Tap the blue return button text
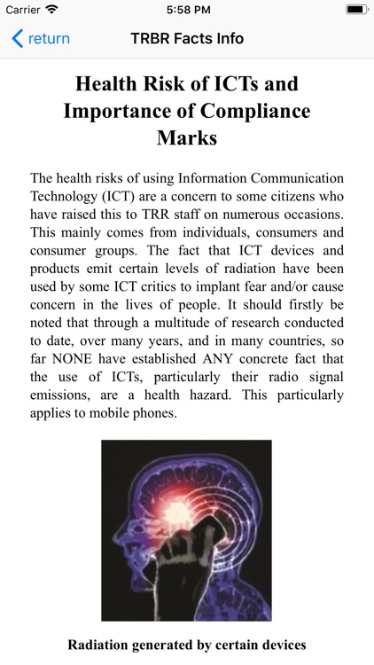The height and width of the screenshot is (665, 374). coord(49,39)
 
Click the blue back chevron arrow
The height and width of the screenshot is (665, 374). coord(17,39)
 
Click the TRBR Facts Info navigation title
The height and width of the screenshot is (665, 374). coord(187,39)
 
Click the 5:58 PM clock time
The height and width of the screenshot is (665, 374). coord(186,9)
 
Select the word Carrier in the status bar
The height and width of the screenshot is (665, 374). coord(23,9)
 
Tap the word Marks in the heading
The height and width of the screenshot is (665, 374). coord(187,139)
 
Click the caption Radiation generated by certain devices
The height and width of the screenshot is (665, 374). coord(187,645)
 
